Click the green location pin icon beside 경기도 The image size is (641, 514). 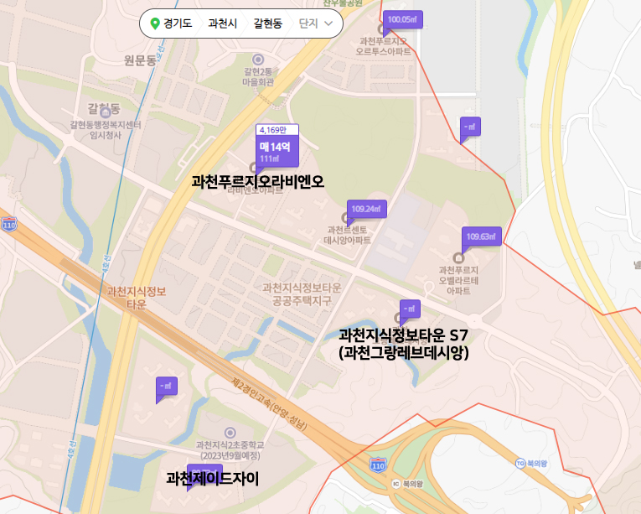tap(154, 23)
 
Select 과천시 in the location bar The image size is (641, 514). tap(222, 23)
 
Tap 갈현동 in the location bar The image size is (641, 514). tap(268, 23)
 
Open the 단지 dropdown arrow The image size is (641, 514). tap(328, 23)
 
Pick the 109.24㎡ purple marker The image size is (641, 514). tap(365, 209)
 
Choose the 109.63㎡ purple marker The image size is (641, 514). tap(482, 236)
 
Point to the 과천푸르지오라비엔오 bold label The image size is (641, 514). tap(257, 181)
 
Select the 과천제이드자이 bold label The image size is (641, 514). tap(213, 480)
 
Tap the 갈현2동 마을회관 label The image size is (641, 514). tap(259, 76)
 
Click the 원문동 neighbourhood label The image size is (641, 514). tap(139, 60)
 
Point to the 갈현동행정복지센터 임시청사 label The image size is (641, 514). tap(106, 130)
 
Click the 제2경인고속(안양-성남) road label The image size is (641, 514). tap(269, 404)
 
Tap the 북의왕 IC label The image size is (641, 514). tap(411, 484)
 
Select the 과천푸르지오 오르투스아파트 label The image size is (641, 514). tap(385, 45)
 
